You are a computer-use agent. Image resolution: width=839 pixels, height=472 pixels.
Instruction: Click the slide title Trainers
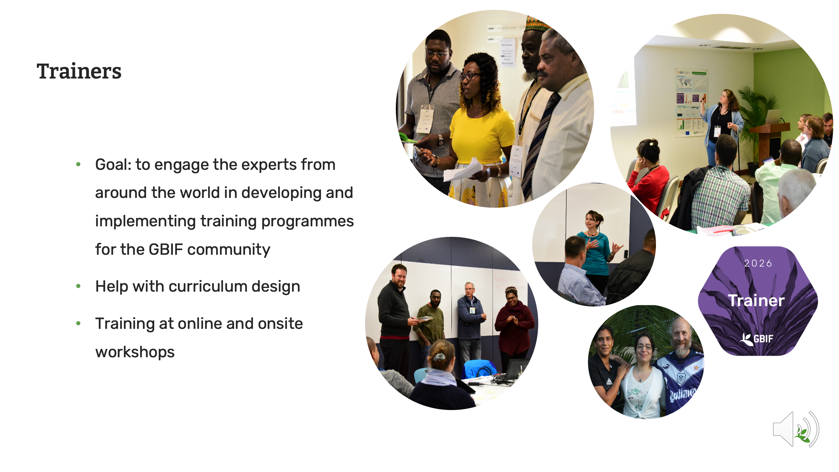(x=79, y=71)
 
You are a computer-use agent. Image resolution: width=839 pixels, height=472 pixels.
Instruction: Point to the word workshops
(x=135, y=352)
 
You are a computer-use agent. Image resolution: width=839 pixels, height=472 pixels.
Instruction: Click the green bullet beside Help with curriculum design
(x=78, y=286)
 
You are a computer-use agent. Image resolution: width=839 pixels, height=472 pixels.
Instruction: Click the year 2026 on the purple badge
(x=758, y=263)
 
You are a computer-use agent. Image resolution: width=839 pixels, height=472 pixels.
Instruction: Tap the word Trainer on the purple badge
(x=756, y=300)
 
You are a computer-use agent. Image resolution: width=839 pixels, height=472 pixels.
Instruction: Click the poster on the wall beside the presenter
(x=690, y=102)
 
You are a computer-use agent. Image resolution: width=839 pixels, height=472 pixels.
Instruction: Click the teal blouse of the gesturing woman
(x=595, y=254)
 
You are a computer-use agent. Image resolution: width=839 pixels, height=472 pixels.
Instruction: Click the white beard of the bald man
(x=682, y=349)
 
